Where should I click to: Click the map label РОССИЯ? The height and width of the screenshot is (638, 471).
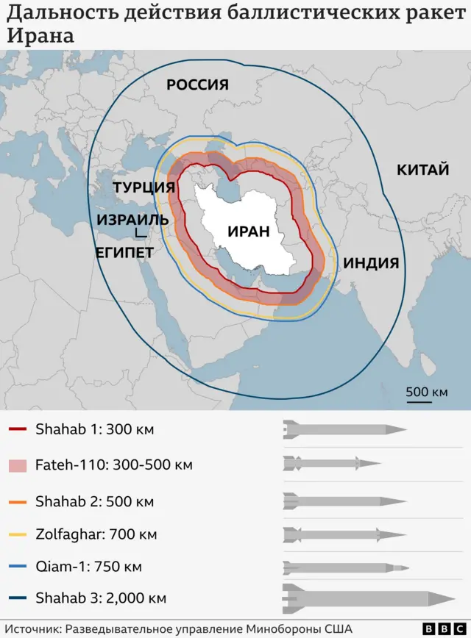[197, 84]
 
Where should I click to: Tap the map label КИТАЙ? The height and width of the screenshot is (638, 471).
[422, 170]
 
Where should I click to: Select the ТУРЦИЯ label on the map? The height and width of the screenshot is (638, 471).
[144, 187]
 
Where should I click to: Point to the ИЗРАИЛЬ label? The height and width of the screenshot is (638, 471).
[132, 220]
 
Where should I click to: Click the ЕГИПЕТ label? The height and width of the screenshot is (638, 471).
[124, 253]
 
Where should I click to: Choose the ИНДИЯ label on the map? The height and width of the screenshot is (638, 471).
[371, 262]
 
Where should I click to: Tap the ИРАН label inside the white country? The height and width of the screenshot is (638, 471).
[249, 231]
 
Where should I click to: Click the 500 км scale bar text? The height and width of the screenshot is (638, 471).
[426, 392]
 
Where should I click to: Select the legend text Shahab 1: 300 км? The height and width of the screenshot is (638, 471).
[94, 429]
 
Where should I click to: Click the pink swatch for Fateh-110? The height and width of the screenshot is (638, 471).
[18, 465]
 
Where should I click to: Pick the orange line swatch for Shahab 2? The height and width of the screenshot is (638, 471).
[18, 502]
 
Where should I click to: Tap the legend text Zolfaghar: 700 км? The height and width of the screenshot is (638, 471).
[96, 534]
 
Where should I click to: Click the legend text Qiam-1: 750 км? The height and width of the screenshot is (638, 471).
[88, 567]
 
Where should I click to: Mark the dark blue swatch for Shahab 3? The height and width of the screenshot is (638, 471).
[18, 598]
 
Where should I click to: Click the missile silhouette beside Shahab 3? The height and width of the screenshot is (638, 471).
[368, 598]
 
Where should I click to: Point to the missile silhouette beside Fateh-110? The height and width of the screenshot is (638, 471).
[331, 463]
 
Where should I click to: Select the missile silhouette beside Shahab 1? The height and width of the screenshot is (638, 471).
[344, 429]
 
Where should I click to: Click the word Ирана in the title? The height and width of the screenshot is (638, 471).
[40, 35]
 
